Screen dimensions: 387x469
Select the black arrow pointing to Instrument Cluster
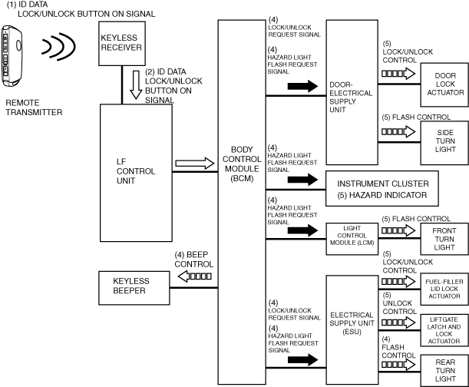click(301, 180)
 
